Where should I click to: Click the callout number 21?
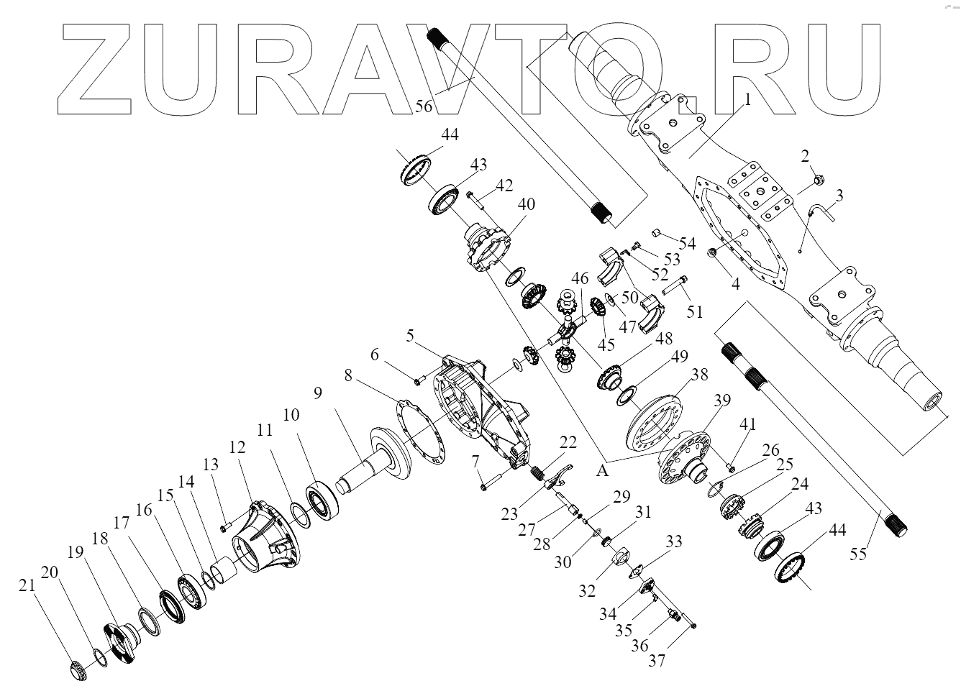[27, 587]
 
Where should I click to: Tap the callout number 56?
[424, 106]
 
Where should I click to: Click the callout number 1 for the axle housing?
[747, 101]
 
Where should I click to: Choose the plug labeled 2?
[818, 178]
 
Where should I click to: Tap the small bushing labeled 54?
[657, 232]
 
